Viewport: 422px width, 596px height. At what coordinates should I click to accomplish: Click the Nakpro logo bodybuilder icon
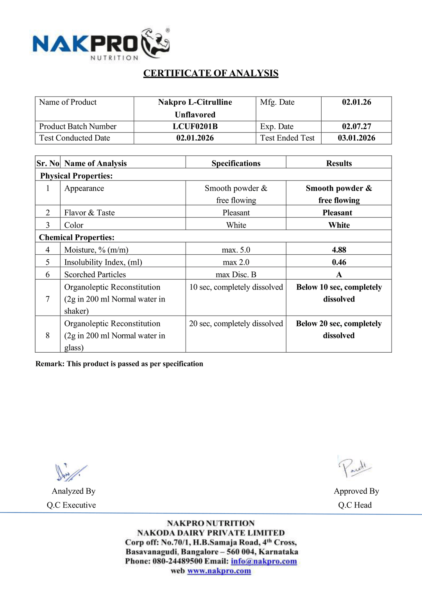156,43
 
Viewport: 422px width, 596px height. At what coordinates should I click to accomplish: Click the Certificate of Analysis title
211,73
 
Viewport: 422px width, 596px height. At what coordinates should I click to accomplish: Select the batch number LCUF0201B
195,127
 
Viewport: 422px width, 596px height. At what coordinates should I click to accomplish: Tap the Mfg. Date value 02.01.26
356,102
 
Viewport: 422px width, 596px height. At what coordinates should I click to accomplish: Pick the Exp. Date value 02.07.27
356,127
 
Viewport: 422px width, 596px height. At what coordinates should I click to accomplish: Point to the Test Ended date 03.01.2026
356,138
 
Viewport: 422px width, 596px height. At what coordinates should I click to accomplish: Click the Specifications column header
236,163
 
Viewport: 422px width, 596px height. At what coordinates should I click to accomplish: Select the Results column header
339,163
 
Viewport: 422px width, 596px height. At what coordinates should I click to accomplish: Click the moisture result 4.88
339,250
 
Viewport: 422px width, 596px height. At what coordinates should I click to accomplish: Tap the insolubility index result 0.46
339,262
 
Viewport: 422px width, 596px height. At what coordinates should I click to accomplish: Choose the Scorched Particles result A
339,275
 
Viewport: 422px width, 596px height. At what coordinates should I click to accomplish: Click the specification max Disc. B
236,275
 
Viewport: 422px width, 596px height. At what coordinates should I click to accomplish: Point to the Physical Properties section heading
76,176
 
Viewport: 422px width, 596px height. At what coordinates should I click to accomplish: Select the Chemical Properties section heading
77,237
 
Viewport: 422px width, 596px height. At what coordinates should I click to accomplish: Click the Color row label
74,225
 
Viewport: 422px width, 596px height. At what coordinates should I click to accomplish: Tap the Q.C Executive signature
70,472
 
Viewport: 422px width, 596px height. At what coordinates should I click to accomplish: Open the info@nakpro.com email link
264,561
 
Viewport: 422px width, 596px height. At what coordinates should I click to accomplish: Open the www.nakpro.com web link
219,571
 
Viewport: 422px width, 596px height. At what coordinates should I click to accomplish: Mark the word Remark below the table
50,364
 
